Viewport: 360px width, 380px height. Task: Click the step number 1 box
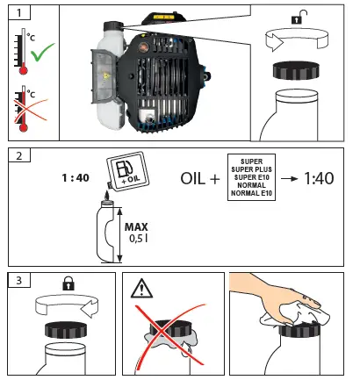pos(19,12)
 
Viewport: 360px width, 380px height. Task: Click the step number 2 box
pos(19,155)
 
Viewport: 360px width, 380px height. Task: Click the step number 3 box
pos(19,280)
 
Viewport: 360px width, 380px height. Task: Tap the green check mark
pos(42,52)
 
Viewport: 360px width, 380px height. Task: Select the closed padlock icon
pos(68,283)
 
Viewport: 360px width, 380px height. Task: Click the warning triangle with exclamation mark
pos(141,288)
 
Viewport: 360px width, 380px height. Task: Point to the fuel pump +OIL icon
pos(127,171)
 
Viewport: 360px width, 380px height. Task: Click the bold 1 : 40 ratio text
pos(76,178)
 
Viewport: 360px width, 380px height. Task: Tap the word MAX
pos(136,227)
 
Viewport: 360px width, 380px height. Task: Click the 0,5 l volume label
pos(139,239)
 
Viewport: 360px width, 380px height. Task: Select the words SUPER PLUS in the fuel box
pos(251,169)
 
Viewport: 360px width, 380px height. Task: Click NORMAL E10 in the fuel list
pos(251,193)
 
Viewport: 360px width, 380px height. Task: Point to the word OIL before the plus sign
pos(193,178)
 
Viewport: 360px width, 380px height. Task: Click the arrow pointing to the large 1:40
pos(289,178)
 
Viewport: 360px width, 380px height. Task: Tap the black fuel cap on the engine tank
pos(112,25)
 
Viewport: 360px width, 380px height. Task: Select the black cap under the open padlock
pos(296,70)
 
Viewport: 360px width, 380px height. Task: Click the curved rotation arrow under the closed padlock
pos(67,305)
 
